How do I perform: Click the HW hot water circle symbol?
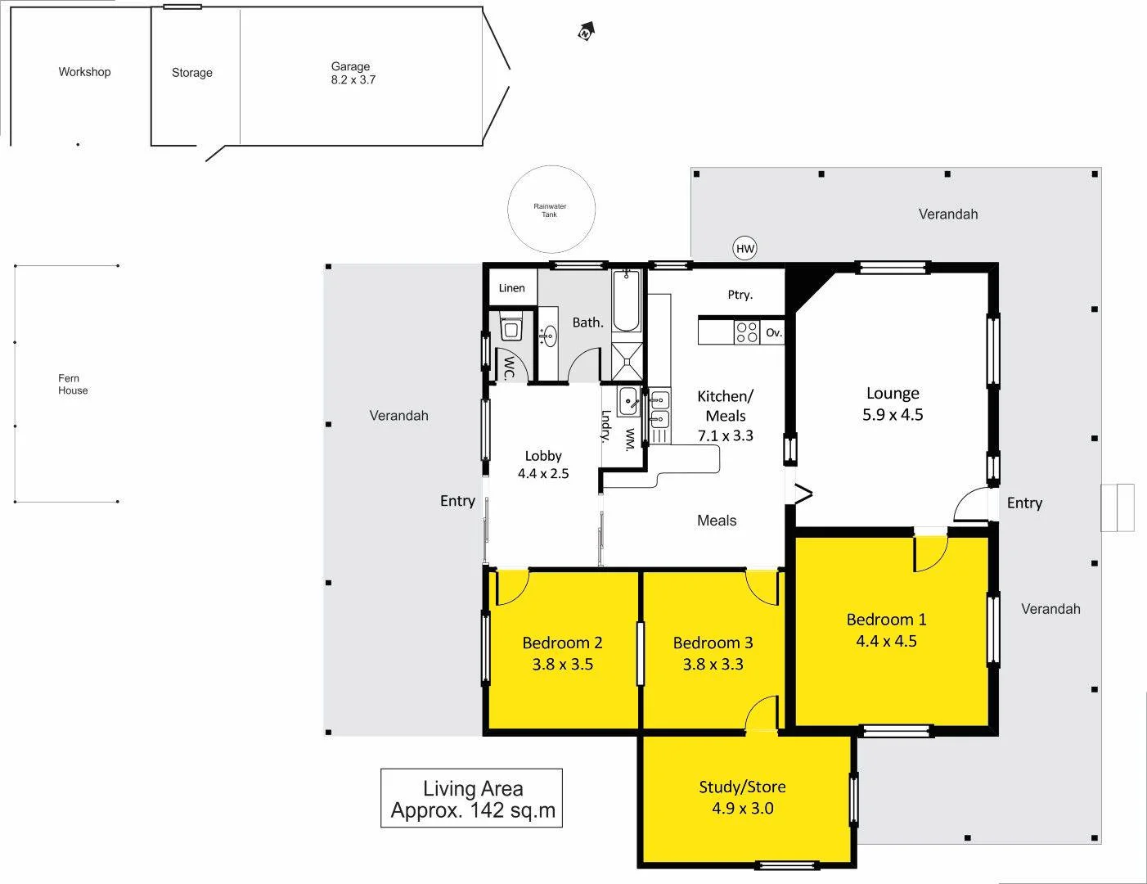(744, 249)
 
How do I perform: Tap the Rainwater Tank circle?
(549, 210)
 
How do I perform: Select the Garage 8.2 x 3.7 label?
(352, 73)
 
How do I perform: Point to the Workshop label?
(84, 72)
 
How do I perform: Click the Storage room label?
(192, 73)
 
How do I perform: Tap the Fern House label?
(72, 384)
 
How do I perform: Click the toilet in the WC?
(511, 329)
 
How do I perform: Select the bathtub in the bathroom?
(627, 302)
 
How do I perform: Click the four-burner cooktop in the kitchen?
(746, 331)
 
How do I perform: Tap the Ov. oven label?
(773, 332)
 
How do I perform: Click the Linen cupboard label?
(511, 288)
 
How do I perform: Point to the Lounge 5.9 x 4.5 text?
(893, 404)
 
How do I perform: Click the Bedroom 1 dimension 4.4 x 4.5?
(886, 641)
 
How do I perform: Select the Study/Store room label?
(742, 787)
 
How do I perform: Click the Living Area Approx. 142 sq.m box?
(472, 798)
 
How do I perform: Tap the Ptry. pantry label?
(740, 295)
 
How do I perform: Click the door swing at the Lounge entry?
(971, 503)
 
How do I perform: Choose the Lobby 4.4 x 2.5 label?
(543, 464)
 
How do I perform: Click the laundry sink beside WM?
(628, 402)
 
